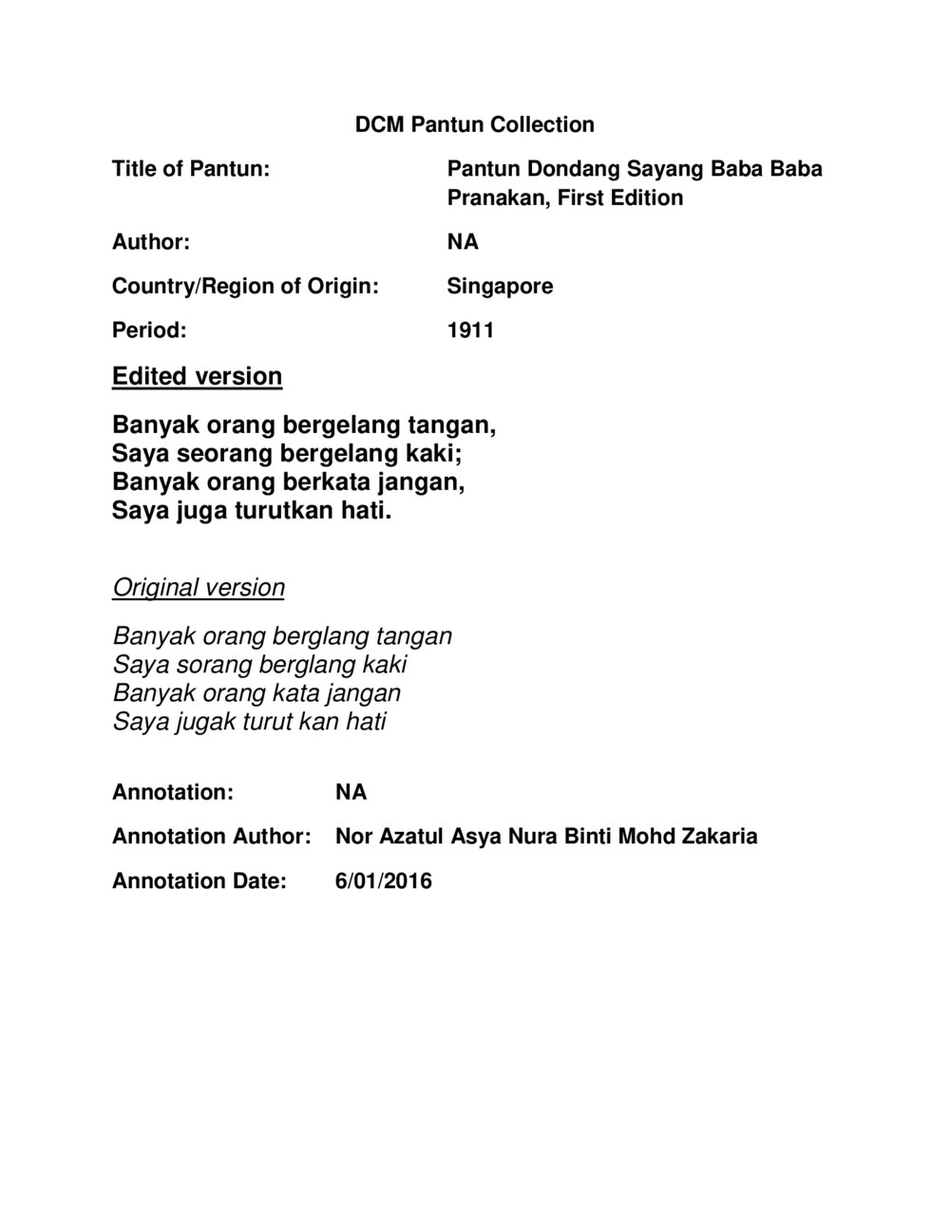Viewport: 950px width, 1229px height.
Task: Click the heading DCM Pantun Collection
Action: tap(474, 124)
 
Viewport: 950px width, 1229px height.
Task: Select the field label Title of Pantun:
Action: tap(191, 169)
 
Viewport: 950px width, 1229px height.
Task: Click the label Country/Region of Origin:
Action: tap(245, 286)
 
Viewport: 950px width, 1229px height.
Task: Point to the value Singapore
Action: tap(500, 286)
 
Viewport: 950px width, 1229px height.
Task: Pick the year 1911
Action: tap(470, 331)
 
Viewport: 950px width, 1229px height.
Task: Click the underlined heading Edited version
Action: tap(197, 376)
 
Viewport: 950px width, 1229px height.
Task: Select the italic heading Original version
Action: tap(199, 587)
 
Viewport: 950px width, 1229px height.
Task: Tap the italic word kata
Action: tap(298, 692)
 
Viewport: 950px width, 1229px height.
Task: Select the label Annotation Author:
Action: tap(211, 837)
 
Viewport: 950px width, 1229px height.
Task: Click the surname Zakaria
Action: tap(719, 837)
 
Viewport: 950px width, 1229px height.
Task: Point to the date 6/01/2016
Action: tap(383, 881)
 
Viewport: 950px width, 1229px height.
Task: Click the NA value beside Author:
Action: tap(463, 242)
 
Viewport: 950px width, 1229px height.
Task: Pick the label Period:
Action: tap(149, 331)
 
